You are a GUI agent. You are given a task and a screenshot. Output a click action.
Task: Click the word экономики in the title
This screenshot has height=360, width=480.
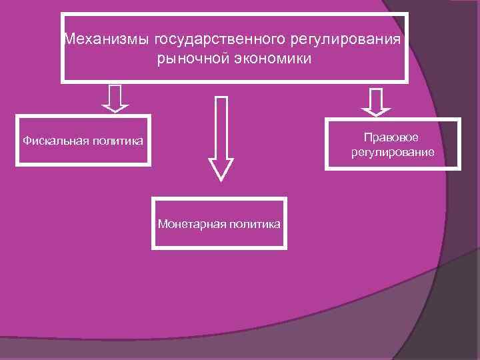(x=271, y=59)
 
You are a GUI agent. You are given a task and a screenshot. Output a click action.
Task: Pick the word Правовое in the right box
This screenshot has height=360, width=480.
(x=392, y=137)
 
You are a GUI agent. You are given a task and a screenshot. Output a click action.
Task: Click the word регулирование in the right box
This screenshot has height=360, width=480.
(x=392, y=153)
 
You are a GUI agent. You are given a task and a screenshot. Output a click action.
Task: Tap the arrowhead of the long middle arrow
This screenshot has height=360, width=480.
(x=221, y=169)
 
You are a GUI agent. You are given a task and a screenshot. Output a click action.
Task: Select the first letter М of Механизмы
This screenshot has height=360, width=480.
(x=69, y=39)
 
